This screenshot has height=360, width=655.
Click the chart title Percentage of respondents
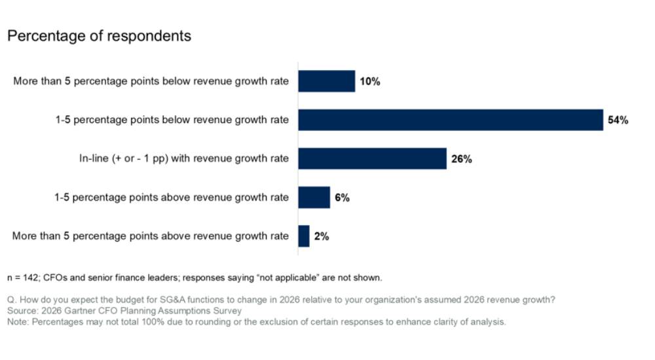[99, 36]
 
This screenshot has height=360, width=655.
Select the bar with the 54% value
[451, 120]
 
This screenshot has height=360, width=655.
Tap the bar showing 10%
[327, 82]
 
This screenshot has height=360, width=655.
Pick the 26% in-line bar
[372, 158]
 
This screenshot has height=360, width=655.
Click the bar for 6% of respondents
[314, 197]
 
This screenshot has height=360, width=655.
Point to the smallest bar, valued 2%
[304, 236]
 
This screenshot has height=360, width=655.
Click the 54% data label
[618, 120]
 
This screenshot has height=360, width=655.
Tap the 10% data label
[369, 82]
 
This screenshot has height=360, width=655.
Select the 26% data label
[461, 159]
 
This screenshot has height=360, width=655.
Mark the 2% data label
[321, 236]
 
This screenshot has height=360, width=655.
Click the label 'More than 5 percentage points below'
[151, 82]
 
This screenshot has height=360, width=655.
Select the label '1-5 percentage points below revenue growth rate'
[172, 120]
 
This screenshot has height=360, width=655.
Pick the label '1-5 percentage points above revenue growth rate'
[172, 198]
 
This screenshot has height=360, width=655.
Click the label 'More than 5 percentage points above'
[150, 236]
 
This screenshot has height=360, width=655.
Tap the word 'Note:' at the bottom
[18, 322]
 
